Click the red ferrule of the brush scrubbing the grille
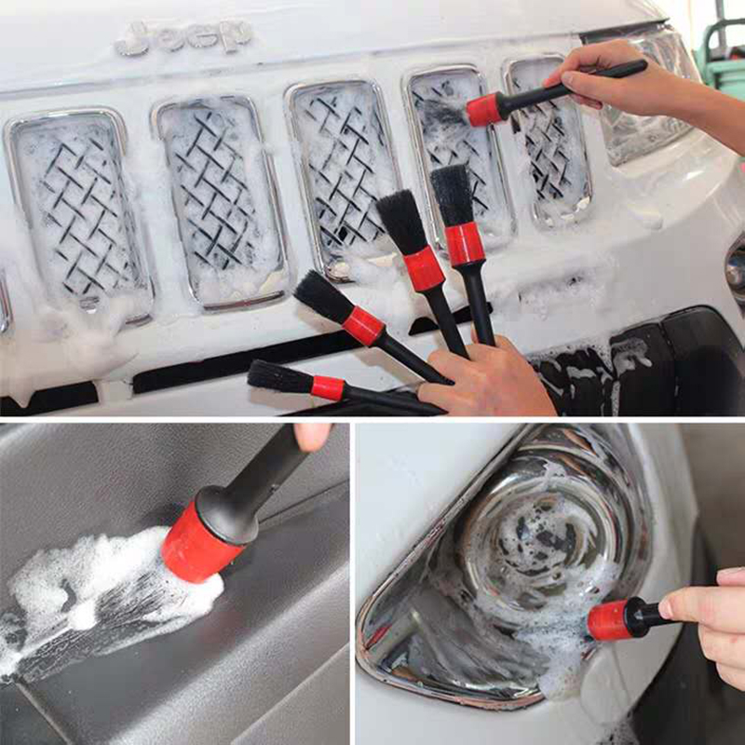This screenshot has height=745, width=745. coord(484,109)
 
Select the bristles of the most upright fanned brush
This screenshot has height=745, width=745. coord(452,196)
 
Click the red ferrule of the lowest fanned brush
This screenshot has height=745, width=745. coord(328,387)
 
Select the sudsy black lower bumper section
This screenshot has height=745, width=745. coord(642,366)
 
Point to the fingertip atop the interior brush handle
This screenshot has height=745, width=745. coord(312,436)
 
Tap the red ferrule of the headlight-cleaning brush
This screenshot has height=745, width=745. coord(609,620)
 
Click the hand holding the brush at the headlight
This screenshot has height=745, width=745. coord(708,617)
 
